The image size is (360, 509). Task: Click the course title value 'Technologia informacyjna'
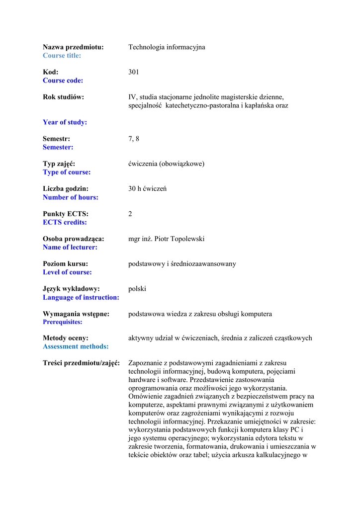[x=167, y=47]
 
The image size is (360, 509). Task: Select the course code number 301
[x=134, y=72]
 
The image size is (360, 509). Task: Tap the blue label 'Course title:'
[x=62, y=56]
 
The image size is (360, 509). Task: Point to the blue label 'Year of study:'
[x=65, y=122]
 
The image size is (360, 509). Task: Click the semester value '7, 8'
[x=134, y=139]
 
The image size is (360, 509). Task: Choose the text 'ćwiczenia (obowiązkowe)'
[x=166, y=164]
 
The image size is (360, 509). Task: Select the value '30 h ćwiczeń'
[x=147, y=189]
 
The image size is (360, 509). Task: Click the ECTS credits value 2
[x=130, y=214]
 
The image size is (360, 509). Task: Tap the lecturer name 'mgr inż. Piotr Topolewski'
[x=166, y=239]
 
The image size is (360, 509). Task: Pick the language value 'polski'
[x=137, y=288]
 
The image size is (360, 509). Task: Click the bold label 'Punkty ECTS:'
[x=66, y=214]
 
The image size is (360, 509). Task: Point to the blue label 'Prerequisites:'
[x=63, y=322]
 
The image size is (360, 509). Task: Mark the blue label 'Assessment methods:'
[x=76, y=346]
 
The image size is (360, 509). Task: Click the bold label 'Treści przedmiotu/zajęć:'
[x=82, y=363]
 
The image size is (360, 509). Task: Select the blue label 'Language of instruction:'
[x=81, y=297]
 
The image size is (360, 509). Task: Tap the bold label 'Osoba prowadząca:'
[x=74, y=239]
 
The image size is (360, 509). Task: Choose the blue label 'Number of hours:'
[x=71, y=197]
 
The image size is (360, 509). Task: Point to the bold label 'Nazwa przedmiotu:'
[x=73, y=47]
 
